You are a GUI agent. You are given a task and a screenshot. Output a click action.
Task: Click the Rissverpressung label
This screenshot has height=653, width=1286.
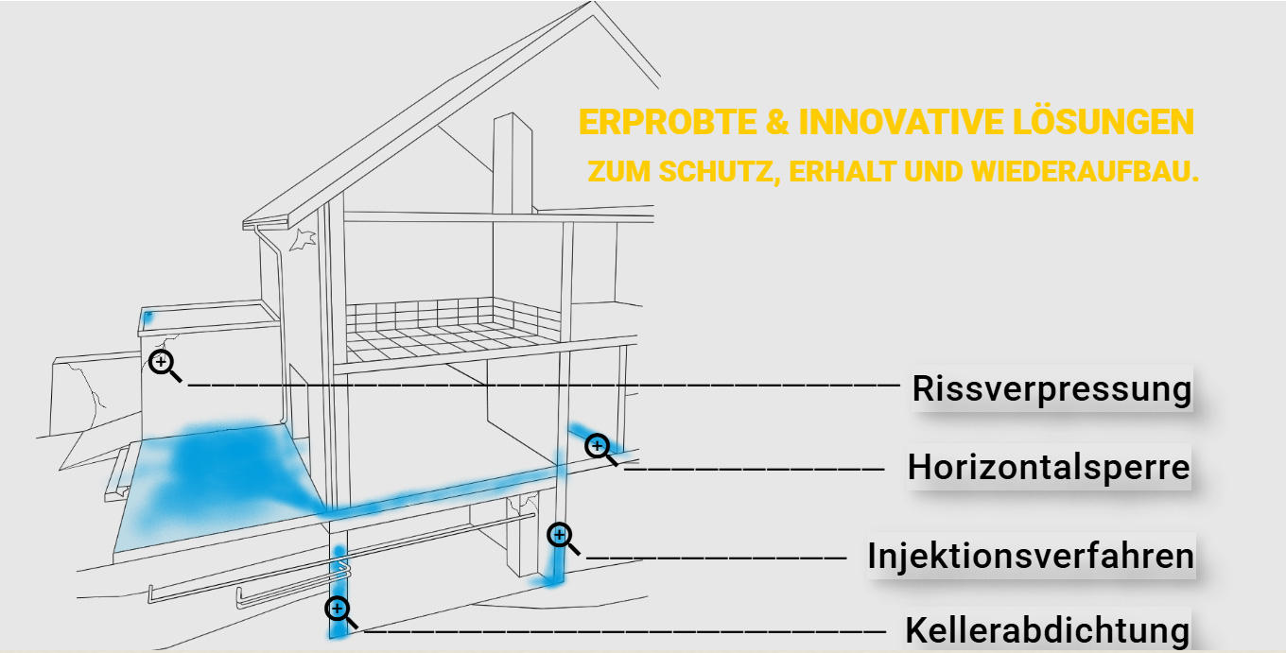[1051, 389]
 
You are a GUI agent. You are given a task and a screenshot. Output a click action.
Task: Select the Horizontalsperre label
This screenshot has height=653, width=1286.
[1049, 467]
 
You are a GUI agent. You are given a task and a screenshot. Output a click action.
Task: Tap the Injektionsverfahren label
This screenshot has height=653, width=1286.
[1031, 556]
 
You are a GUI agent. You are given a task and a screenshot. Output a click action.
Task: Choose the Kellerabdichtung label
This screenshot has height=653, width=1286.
[1047, 630]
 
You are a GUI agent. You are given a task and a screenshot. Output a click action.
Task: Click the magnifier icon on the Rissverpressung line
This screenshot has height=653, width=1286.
[165, 366]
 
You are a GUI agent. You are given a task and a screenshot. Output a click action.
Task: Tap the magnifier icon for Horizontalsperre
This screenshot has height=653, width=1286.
[600, 449]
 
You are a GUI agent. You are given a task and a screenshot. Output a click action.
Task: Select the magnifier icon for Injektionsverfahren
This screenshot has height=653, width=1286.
[563, 539]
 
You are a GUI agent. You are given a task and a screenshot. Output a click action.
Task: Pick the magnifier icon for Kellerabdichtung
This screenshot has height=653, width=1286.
[340, 611]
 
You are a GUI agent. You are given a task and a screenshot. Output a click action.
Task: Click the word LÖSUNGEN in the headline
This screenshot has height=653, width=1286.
[1103, 121]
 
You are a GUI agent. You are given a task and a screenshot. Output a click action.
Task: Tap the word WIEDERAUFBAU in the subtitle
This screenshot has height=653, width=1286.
[1081, 172]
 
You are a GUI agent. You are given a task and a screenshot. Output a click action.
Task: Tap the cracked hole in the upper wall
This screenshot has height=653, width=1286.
[303, 239]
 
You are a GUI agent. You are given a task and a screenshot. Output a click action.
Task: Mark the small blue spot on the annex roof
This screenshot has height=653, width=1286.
[148, 318]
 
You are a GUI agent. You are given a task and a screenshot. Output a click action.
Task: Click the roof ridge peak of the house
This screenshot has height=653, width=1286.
[593, 3]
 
